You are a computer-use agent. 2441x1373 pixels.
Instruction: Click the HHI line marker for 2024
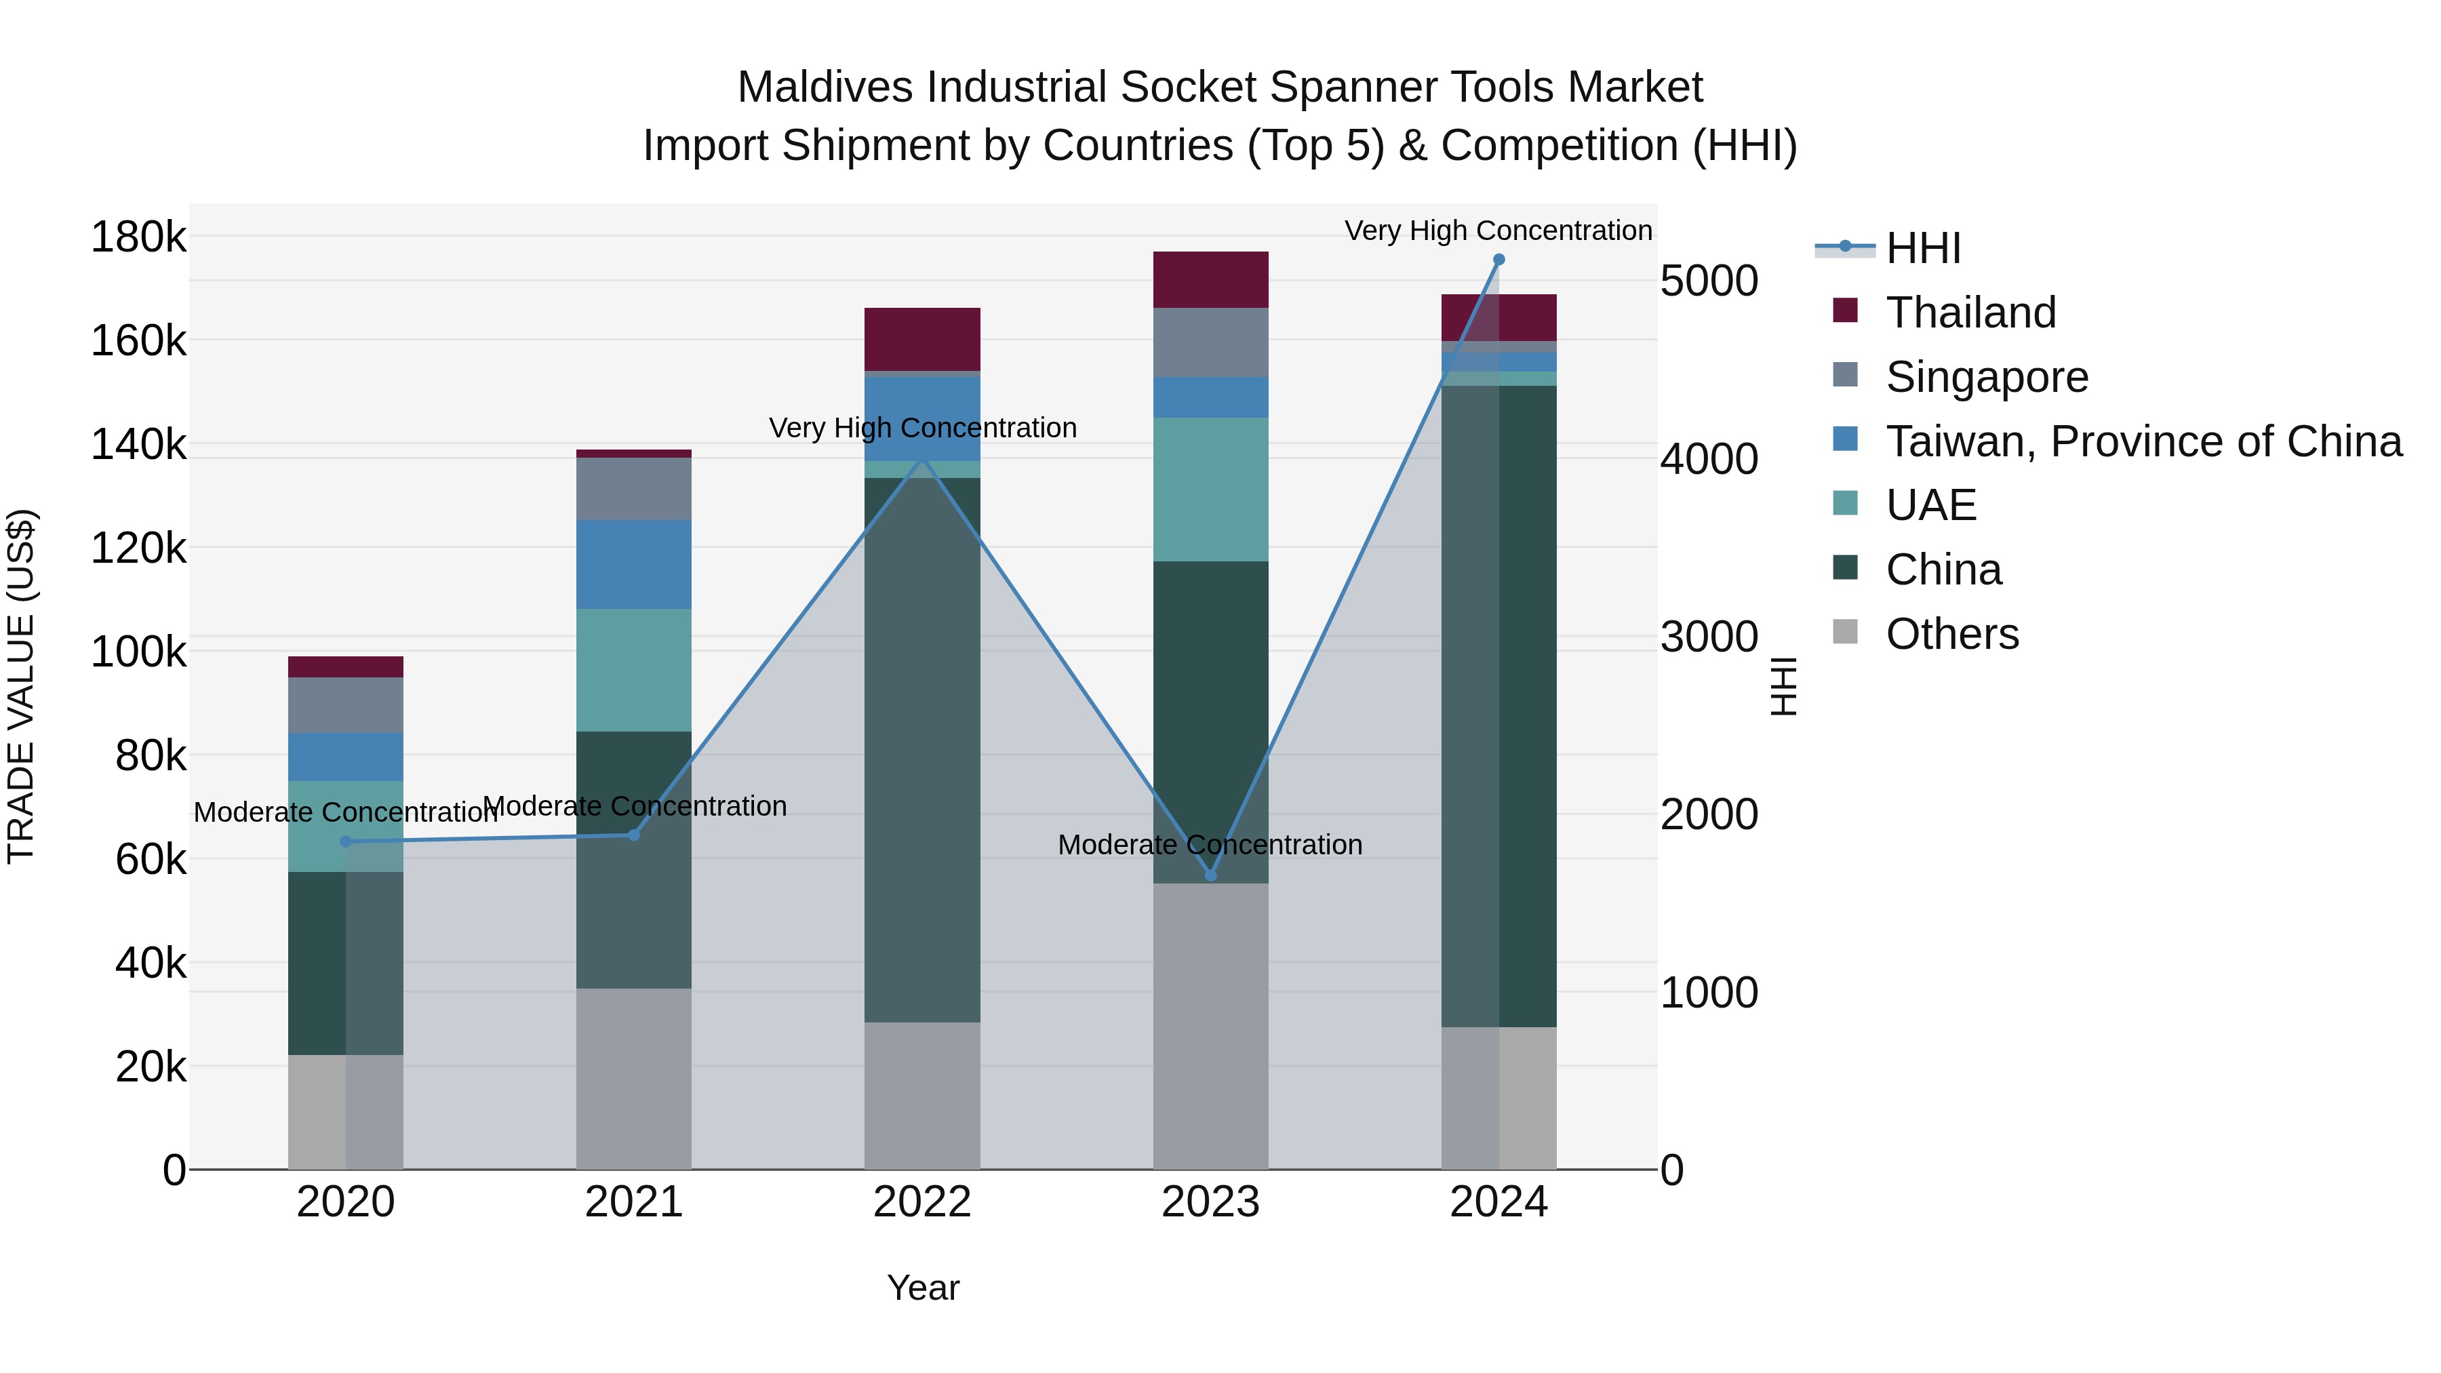point(1498,260)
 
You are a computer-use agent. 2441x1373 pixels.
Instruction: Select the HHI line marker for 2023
point(1210,875)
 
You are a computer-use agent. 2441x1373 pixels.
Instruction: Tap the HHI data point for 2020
point(346,841)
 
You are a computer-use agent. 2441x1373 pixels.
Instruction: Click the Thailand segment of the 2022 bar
point(922,339)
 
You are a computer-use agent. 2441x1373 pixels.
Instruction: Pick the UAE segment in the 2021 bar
point(634,670)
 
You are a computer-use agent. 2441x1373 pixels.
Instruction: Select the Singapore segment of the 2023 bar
point(1210,342)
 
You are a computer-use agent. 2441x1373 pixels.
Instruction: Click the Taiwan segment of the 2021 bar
point(634,565)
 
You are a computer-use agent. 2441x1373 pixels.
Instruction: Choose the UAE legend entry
point(1930,505)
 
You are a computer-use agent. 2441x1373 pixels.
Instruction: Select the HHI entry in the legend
point(1923,248)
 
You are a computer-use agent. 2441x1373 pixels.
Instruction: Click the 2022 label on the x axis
point(922,1202)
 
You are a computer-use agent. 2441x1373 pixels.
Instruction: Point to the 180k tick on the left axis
point(138,237)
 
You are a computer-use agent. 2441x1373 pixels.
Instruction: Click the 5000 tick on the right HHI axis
point(1709,281)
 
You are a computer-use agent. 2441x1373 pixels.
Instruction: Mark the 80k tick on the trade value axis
point(151,756)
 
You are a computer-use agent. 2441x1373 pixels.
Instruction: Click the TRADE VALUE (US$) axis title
point(21,686)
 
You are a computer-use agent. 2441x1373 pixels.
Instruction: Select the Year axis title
point(923,1288)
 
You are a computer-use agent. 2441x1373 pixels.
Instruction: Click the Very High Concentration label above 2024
point(1497,231)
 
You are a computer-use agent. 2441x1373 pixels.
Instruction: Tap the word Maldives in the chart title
point(825,87)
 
